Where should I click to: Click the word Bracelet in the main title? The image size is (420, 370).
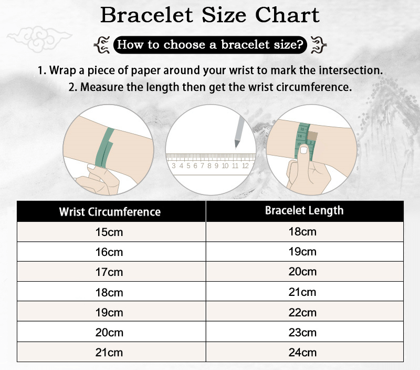click(x=146, y=15)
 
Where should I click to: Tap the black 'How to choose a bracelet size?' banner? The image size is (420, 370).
click(x=210, y=45)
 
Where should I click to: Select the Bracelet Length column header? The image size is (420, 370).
click(x=304, y=211)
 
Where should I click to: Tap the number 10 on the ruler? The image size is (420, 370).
click(x=225, y=166)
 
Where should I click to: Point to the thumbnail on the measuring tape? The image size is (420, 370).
click(x=304, y=150)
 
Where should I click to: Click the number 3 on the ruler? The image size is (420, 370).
click(x=174, y=166)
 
